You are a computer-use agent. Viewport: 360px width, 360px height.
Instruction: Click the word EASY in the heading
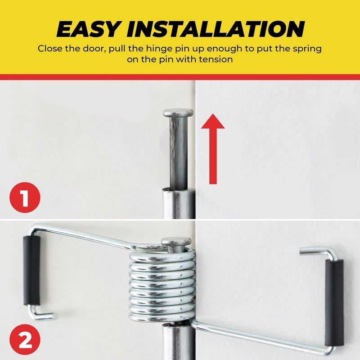coord(88,29)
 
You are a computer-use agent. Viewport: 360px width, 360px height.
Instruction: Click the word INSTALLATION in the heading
coord(216,29)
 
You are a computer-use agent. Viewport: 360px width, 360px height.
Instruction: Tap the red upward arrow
coord(213,149)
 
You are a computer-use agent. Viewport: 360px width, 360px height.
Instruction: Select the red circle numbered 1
coord(25,198)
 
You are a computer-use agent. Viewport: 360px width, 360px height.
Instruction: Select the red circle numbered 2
coord(25,339)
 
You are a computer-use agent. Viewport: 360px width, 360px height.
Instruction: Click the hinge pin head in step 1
coord(178,113)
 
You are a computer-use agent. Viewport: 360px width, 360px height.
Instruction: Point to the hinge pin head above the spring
coord(176,242)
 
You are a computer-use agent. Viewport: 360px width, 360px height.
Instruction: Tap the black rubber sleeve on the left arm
coord(31,270)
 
